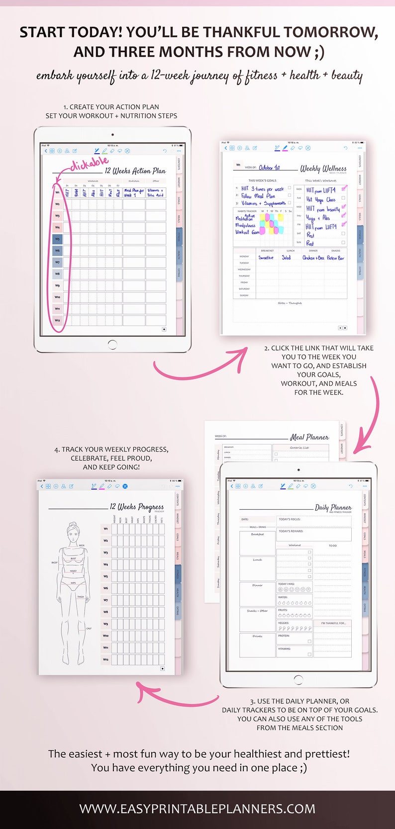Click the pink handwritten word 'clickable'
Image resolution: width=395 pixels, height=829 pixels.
(x=90, y=164)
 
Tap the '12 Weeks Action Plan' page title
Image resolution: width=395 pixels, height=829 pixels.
(x=135, y=171)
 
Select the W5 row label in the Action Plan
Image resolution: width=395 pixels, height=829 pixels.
(x=57, y=239)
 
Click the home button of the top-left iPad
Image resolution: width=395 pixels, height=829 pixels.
(x=112, y=344)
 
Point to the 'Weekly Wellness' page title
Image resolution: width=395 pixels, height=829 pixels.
(x=323, y=169)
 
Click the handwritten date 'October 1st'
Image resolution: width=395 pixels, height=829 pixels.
(x=269, y=168)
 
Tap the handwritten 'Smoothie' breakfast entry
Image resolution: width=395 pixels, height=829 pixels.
(x=266, y=258)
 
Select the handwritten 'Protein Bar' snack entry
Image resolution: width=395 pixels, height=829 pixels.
(x=335, y=258)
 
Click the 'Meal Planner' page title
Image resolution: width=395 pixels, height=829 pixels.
(x=309, y=437)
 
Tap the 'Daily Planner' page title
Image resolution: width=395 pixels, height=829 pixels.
(x=333, y=507)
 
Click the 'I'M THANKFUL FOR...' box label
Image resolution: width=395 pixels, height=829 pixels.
(x=333, y=623)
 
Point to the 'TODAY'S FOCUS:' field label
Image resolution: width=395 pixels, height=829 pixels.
(x=290, y=519)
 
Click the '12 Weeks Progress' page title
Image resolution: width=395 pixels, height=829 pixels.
(x=136, y=507)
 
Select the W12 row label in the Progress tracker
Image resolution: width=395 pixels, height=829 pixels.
(x=105, y=659)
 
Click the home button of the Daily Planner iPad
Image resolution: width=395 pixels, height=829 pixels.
(x=298, y=679)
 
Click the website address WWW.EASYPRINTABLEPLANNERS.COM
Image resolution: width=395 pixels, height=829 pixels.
(x=197, y=809)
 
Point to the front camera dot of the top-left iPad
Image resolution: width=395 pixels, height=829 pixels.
(x=112, y=134)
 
